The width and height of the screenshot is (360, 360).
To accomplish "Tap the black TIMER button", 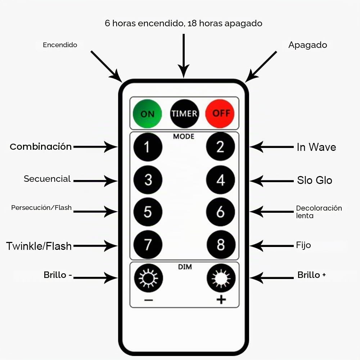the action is pos(184,114).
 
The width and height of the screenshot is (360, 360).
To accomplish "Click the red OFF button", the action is pos(220,114).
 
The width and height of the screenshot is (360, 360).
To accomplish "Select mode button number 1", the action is pos(148,147).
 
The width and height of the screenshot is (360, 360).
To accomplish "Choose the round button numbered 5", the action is pos(148,212).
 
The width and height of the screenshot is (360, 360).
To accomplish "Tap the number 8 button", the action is pos(221,244).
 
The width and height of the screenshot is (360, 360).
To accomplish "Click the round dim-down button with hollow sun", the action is pos(148,278).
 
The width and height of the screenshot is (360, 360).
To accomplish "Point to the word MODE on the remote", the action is pos(184,136).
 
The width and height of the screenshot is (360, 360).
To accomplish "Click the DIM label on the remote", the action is pos(185,267).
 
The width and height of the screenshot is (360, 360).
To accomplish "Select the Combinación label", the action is pos(41,147).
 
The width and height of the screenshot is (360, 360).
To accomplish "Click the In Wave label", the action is pos(316,147).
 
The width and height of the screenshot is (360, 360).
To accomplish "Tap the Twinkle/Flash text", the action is pos(39,246).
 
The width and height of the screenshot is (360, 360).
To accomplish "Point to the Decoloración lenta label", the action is pos(319,212).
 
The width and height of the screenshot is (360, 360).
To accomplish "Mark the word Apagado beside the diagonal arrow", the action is pos(308,45).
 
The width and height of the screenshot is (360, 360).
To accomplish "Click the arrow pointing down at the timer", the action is pos(184,56).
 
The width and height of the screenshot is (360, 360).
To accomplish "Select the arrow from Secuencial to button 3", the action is pos(95,181).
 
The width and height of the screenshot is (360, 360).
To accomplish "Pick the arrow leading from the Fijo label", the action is pos(271,246).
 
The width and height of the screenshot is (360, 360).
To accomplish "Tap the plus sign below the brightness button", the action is pos(221,300).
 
